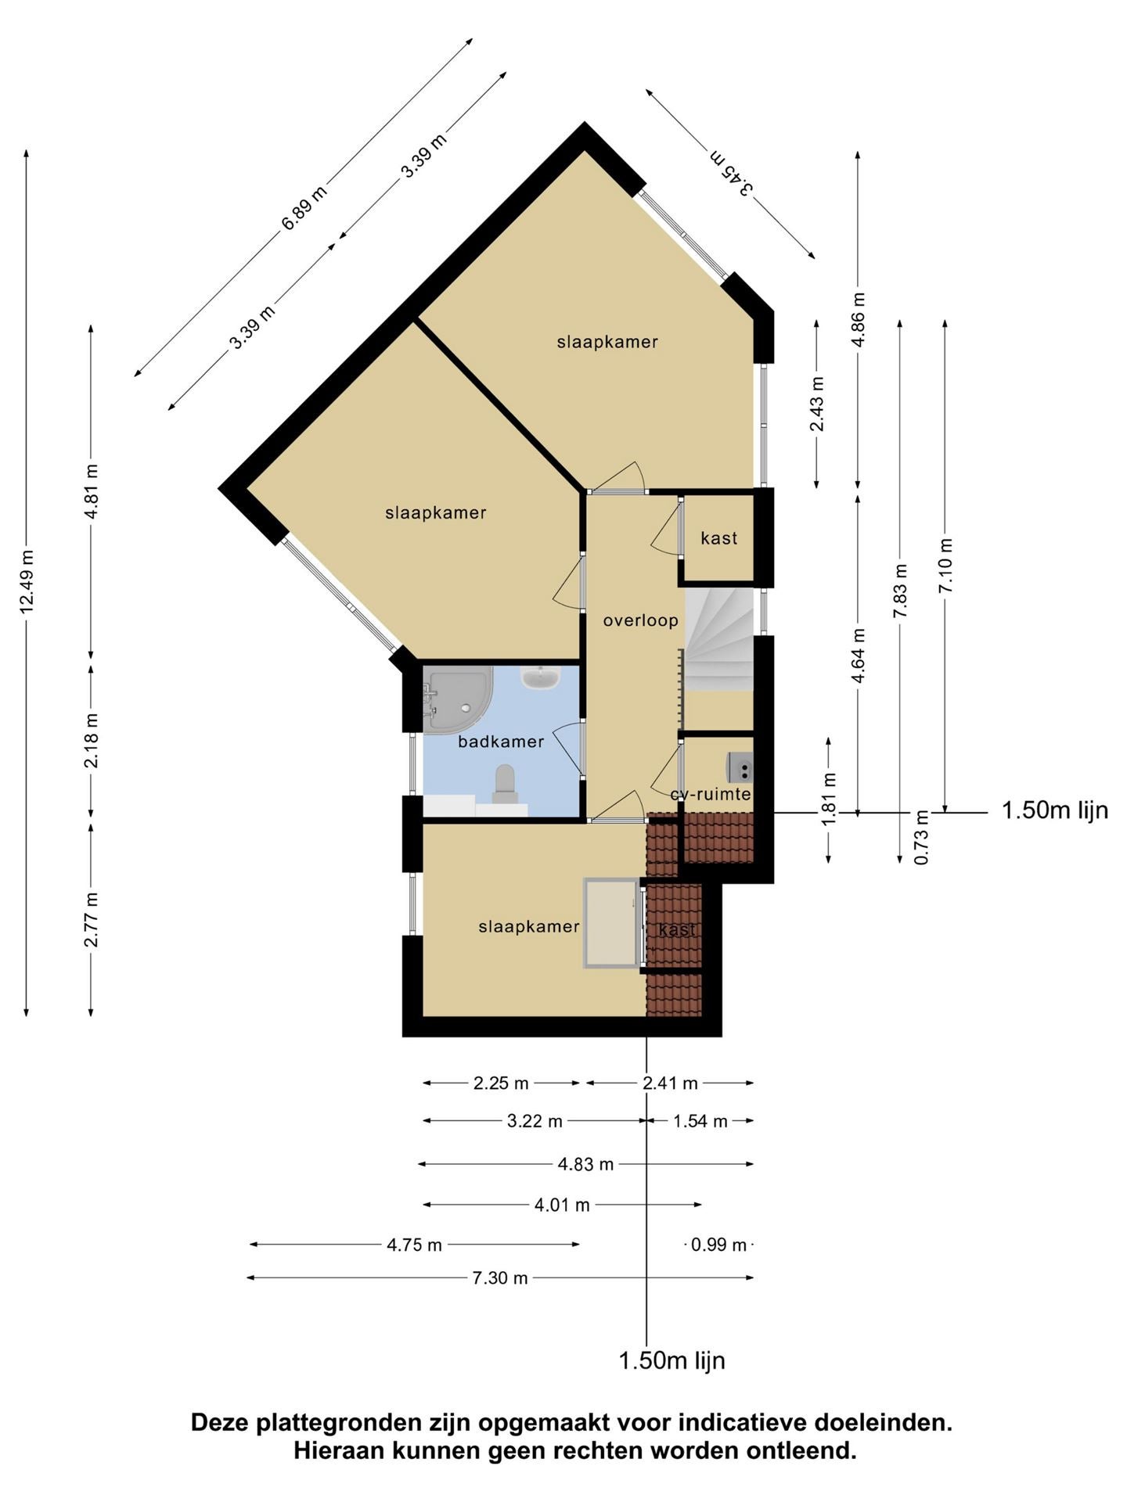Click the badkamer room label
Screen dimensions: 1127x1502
[x=501, y=742]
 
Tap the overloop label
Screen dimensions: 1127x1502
[x=640, y=620]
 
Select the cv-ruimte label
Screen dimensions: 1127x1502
[x=711, y=795]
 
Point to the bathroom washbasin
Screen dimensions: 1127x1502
[x=540, y=677]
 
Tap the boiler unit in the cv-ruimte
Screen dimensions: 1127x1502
[x=740, y=767]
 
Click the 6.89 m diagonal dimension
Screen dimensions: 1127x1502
[x=304, y=208]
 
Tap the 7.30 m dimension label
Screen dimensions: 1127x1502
[x=500, y=1278]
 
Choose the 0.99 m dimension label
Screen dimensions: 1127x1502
[x=719, y=1245]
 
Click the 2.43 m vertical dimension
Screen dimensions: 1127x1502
[x=817, y=404]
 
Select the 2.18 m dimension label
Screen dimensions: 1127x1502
[x=92, y=740]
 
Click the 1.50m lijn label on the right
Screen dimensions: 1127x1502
[x=1055, y=810]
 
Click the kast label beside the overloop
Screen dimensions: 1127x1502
[x=719, y=538]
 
